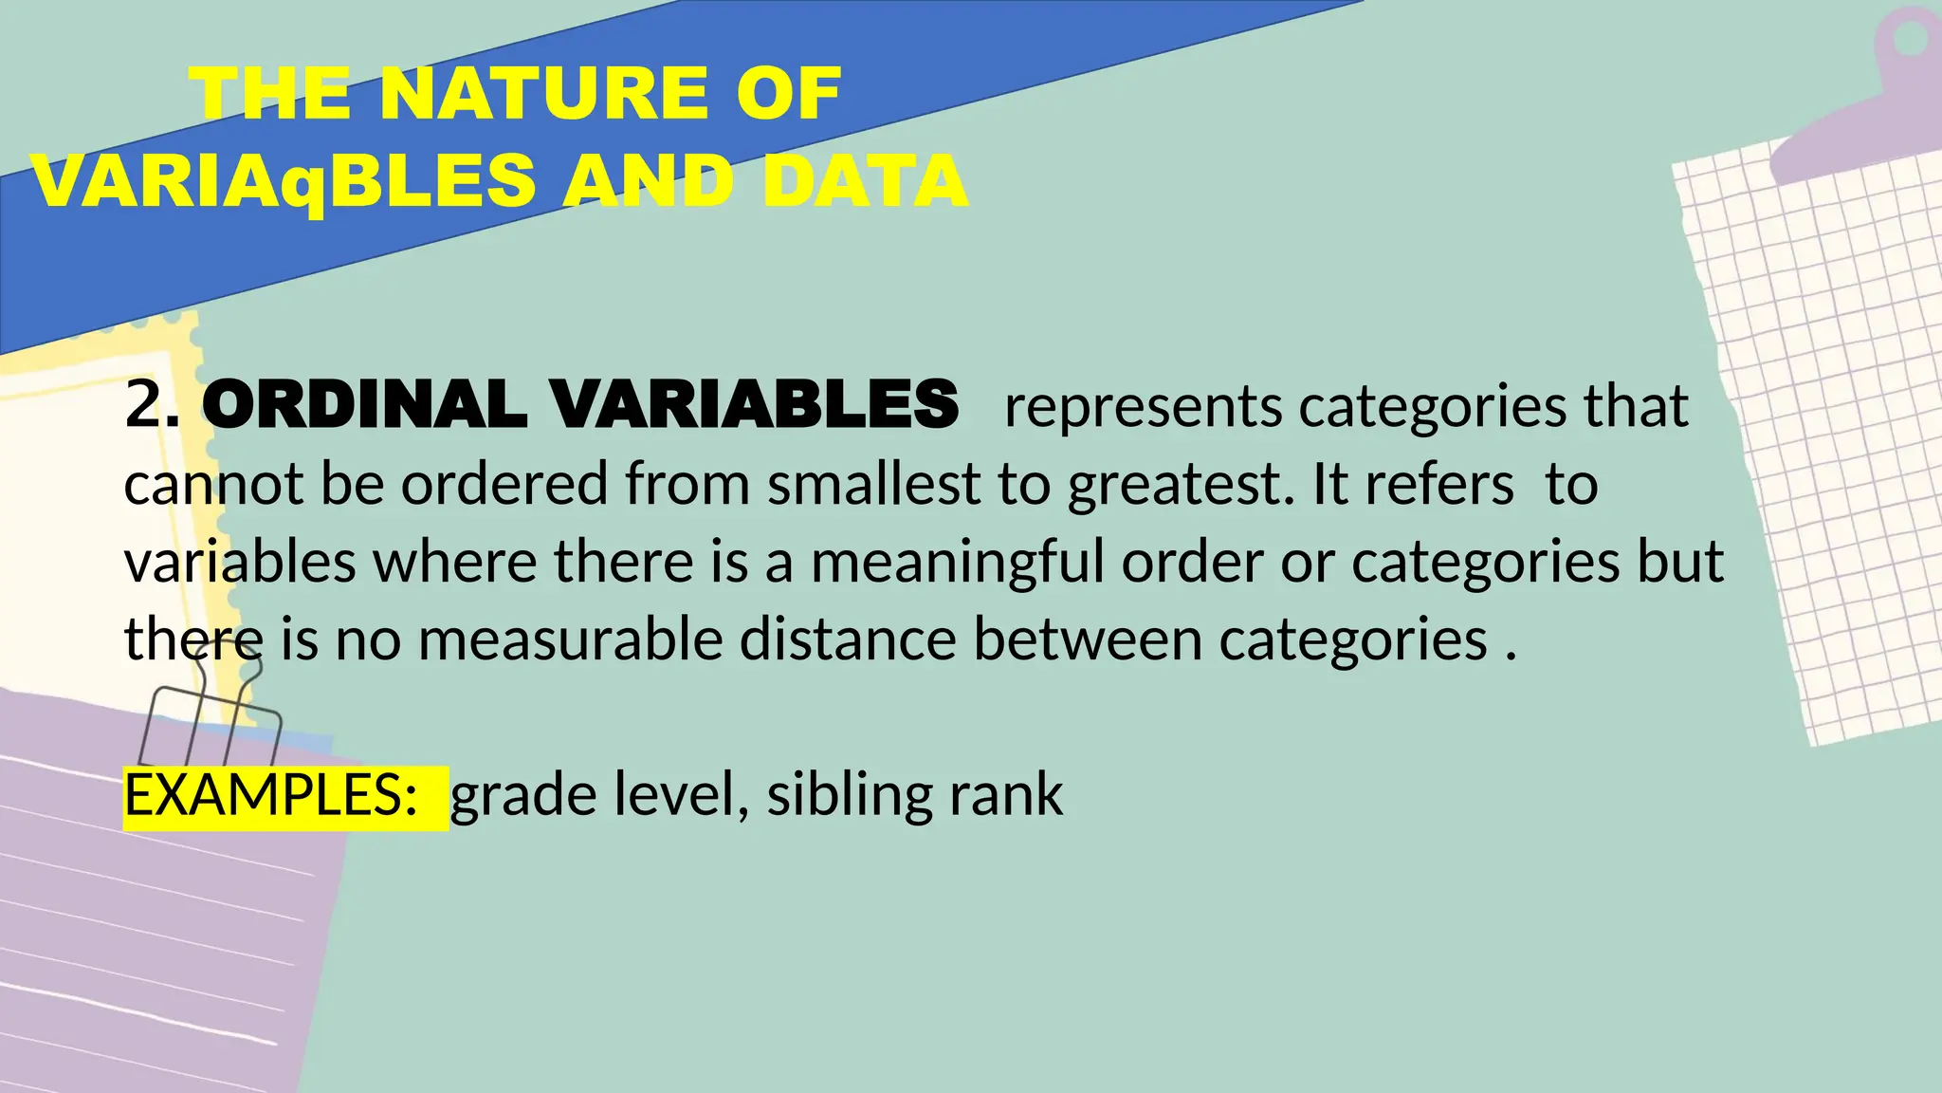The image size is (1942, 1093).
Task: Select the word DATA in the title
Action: pyautogui.click(x=864, y=181)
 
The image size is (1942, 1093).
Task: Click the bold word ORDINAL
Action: pyautogui.click(x=365, y=404)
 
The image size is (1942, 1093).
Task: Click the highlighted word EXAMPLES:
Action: pyautogui.click(x=271, y=796)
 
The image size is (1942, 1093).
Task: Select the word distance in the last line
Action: pyautogui.click(x=848, y=639)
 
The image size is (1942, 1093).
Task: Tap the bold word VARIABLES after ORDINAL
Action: pyautogui.click(x=755, y=404)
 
